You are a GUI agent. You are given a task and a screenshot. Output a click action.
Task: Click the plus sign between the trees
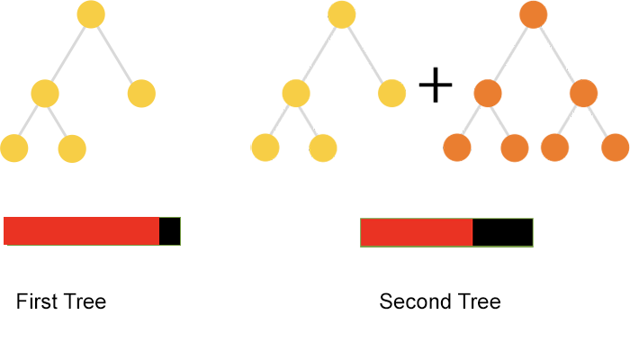[x=436, y=86]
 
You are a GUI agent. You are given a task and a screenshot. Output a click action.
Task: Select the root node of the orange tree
[x=534, y=14]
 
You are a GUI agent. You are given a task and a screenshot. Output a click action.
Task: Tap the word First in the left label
[x=35, y=301]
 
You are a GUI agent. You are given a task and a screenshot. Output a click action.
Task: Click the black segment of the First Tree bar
[x=170, y=230]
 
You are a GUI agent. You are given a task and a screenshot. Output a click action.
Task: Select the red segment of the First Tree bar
[x=82, y=230]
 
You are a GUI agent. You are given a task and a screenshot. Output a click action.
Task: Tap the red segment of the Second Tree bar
[x=417, y=232]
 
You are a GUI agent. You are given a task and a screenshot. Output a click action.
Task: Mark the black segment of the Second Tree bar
[x=502, y=232]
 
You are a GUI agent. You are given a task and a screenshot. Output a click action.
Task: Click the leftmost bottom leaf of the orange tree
[x=458, y=148]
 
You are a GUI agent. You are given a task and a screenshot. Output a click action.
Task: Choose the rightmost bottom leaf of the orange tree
[x=615, y=148]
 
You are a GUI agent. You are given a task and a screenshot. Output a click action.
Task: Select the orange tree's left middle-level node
[x=487, y=94]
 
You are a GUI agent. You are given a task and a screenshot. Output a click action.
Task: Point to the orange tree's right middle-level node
[x=583, y=94]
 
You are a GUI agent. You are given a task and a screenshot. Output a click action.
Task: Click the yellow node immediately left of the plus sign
[x=392, y=94]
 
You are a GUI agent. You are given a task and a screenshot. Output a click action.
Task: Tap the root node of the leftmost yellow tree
[x=91, y=14]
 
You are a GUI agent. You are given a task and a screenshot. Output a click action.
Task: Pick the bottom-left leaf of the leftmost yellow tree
[x=14, y=148]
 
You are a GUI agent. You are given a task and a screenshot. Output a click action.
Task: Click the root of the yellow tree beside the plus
[x=341, y=14]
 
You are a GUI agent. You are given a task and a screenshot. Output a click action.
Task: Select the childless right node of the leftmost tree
[x=141, y=94]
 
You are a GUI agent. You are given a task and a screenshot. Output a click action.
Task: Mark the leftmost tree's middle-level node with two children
[x=45, y=94]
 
